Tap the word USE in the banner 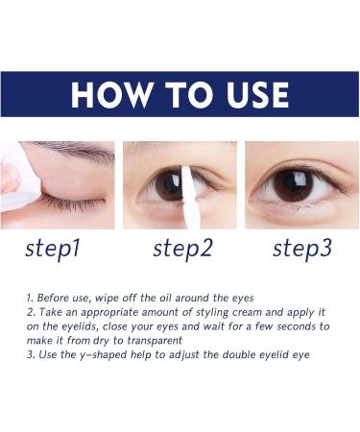click(251, 95)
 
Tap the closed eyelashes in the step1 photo click(71, 204)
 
